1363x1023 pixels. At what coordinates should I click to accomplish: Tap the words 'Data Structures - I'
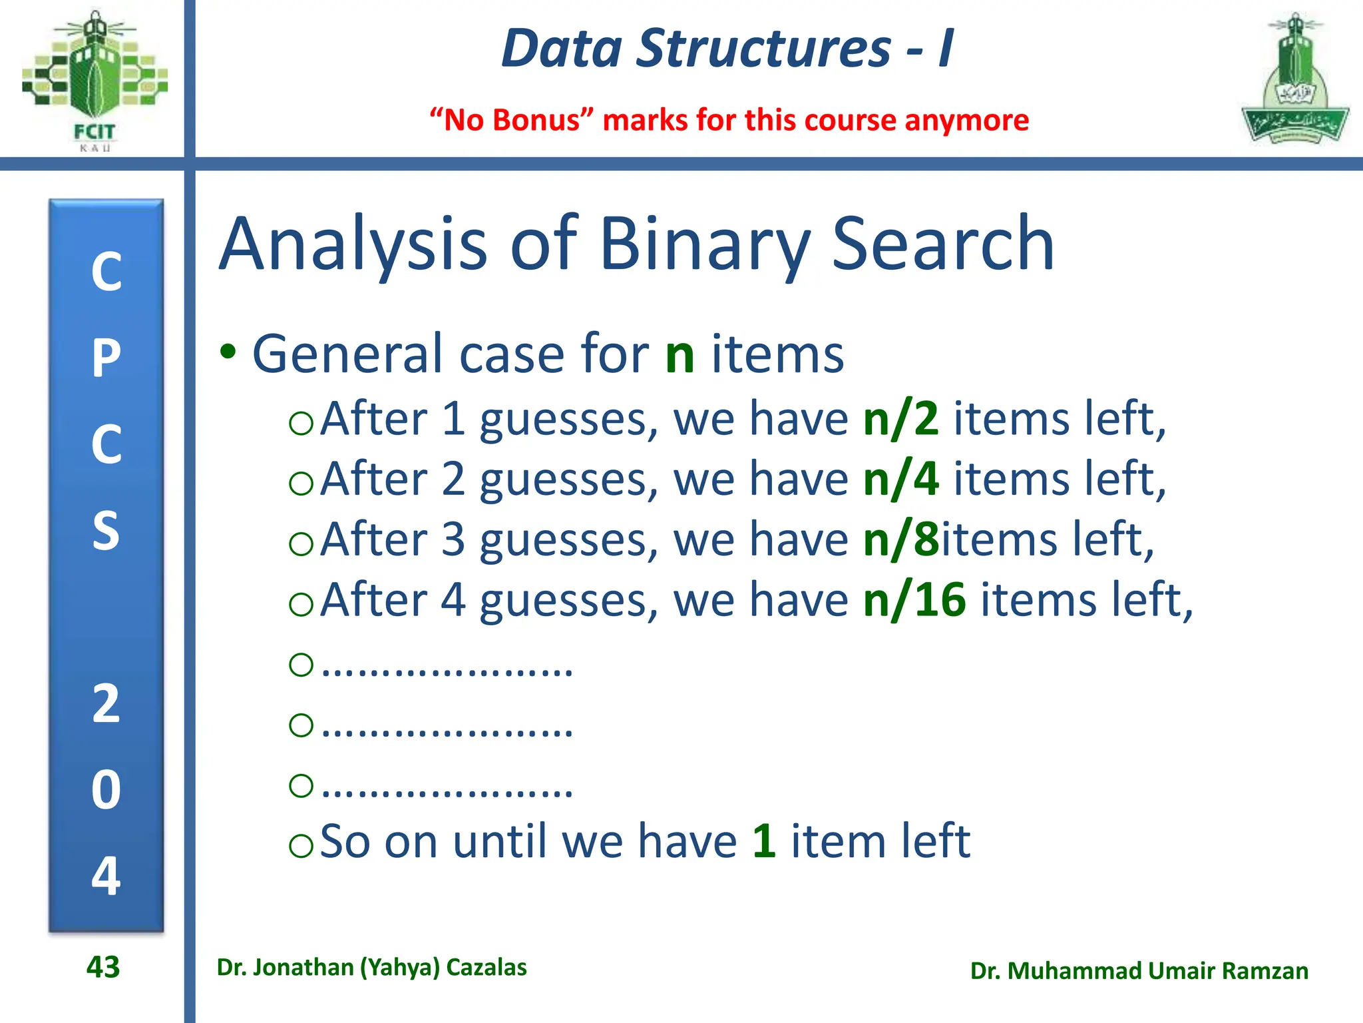pyautogui.click(x=727, y=49)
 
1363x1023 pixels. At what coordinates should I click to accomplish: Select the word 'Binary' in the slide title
pyautogui.click(x=705, y=244)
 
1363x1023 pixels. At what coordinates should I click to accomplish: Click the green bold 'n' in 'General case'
pyautogui.click(x=680, y=355)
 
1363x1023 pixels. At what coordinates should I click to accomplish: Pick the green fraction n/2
pyautogui.click(x=900, y=420)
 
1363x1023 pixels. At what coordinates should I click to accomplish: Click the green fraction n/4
pyautogui.click(x=900, y=480)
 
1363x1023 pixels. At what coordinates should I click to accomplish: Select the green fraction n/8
pyautogui.click(x=900, y=539)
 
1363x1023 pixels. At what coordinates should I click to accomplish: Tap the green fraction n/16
pyautogui.click(x=914, y=600)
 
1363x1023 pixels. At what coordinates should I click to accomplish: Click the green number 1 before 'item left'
pyautogui.click(x=764, y=842)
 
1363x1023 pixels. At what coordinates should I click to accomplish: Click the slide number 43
pyautogui.click(x=103, y=967)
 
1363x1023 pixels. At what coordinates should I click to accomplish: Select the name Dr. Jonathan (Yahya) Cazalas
pyautogui.click(x=371, y=967)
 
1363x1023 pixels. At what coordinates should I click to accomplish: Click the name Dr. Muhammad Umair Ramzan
pyautogui.click(x=1139, y=971)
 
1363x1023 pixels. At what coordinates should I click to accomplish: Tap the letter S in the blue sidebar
pyautogui.click(x=106, y=531)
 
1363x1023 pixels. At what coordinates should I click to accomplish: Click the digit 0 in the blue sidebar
pyautogui.click(x=106, y=791)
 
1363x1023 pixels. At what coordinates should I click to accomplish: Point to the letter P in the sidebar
pyautogui.click(x=106, y=358)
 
